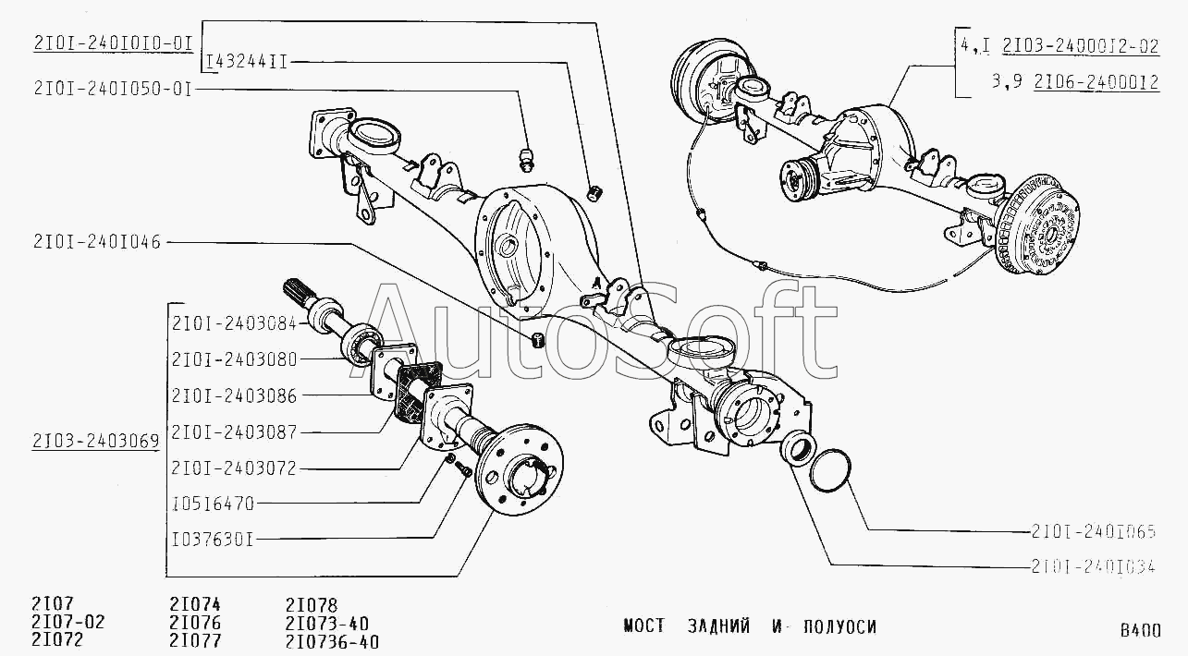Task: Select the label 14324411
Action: point(246,62)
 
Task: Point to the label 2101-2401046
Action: point(97,242)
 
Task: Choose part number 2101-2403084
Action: point(233,322)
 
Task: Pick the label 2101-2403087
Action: point(233,431)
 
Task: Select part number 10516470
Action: point(213,504)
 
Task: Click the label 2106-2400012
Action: point(1096,82)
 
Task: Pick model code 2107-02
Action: point(68,623)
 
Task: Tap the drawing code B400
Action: point(1140,632)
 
